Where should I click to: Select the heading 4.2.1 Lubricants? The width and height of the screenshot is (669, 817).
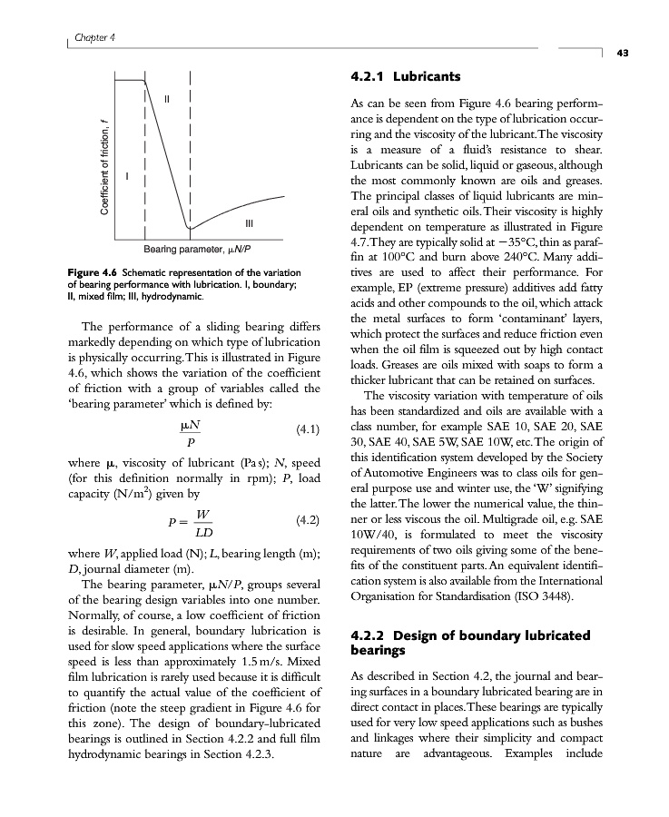(x=405, y=75)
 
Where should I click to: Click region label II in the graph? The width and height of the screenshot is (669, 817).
(x=167, y=96)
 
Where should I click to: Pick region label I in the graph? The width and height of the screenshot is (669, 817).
(x=128, y=174)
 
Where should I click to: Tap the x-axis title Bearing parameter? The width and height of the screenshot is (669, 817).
(x=197, y=249)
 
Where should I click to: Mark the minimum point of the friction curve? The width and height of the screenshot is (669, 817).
(x=188, y=228)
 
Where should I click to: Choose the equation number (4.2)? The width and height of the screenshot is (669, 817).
(x=310, y=521)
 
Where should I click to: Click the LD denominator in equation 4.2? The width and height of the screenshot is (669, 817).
(x=202, y=531)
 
